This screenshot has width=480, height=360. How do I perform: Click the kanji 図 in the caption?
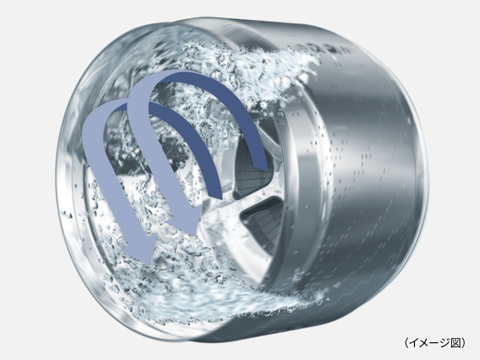(x=456, y=343)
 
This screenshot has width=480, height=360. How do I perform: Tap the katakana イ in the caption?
(x=414, y=343)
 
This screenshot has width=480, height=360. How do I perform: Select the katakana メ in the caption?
(x=424, y=343)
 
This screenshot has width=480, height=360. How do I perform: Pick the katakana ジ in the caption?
(x=445, y=343)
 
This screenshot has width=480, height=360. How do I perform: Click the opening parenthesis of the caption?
(x=407, y=343)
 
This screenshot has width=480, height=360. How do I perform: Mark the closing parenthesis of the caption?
(x=463, y=343)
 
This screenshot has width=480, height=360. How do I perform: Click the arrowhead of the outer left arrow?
(x=138, y=251)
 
